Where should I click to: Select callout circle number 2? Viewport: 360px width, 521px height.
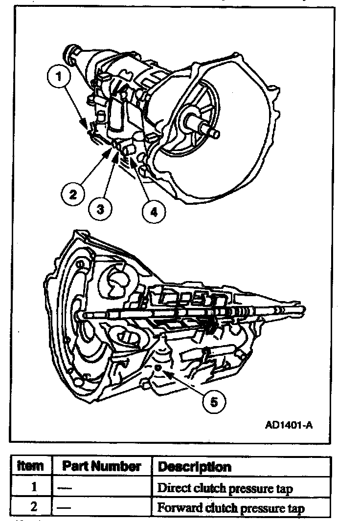pos(73,194)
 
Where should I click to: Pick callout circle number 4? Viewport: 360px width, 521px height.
pos(153,211)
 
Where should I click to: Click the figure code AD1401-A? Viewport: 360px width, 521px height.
pos(289,425)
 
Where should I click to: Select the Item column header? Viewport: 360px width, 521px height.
pos(30,466)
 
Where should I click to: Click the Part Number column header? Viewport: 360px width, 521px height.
pos(102,466)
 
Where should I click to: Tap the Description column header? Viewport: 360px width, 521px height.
pos(194,467)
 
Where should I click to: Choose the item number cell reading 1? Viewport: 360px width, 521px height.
pos(33,487)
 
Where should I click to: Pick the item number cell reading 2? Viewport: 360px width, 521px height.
pos(33,507)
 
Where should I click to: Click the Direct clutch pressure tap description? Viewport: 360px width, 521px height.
pos(225,488)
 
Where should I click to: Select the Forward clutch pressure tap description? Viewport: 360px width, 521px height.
pos(230,508)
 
